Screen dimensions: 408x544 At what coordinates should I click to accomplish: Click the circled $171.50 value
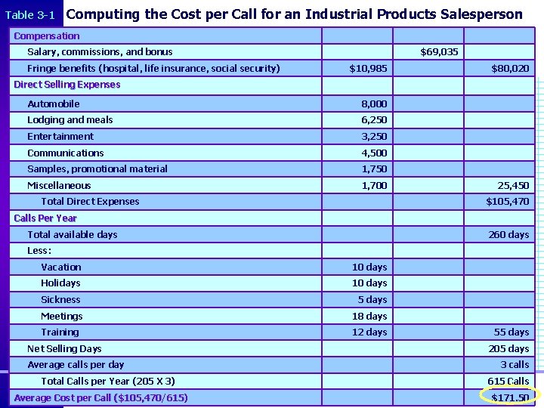510,397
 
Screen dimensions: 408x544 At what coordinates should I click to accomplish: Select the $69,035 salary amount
439,52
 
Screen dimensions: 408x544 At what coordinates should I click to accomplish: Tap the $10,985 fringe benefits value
369,69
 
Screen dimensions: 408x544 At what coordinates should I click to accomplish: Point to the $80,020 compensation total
510,69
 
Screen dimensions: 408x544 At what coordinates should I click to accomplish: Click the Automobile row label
54,104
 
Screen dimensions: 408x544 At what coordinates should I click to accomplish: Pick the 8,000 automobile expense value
374,104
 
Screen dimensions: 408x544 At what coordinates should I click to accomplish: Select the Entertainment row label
60,137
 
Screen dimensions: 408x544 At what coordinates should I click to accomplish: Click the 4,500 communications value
374,153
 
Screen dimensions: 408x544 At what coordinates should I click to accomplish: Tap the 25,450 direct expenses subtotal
512,185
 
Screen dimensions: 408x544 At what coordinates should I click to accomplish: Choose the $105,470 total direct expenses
508,202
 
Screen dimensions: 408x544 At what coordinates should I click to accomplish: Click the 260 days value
508,234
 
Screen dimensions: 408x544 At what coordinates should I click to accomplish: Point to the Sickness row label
60,300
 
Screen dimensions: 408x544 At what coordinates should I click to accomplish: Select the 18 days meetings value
369,316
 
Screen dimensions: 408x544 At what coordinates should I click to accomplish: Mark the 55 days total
512,332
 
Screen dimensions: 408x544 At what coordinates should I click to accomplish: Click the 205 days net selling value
508,349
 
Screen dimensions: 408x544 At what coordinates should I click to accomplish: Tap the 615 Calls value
508,382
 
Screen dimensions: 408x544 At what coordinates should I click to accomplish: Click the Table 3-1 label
30,14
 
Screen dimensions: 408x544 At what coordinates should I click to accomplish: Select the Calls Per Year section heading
45,218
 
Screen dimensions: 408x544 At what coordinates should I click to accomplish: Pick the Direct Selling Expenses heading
67,85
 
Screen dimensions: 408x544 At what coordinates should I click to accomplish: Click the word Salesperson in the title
484,14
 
